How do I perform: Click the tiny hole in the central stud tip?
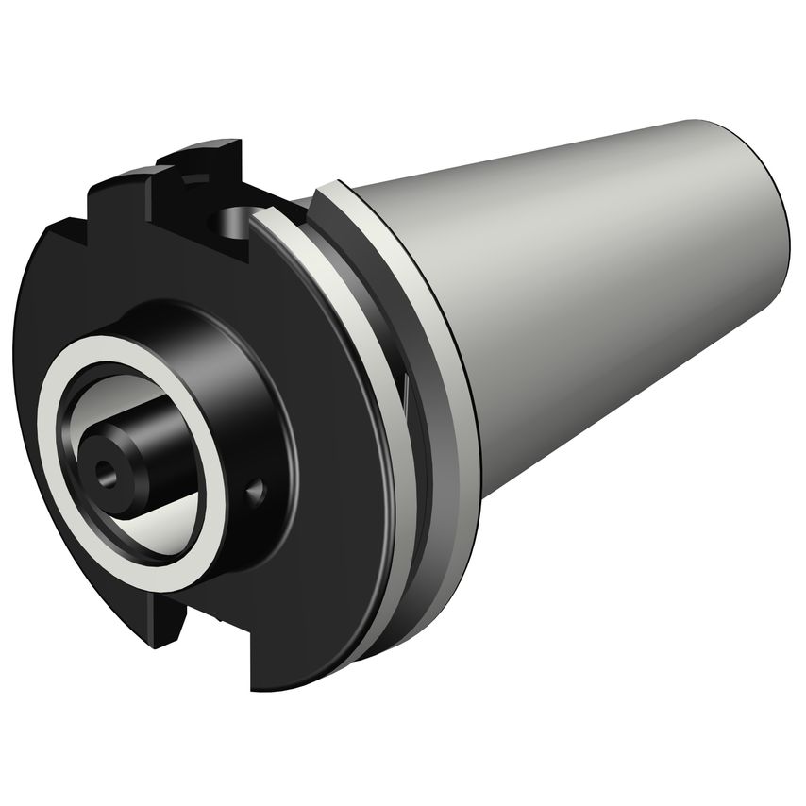tap(103, 468)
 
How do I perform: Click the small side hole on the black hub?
tap(254, 491)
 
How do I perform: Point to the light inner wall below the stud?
tap(160, 529)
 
